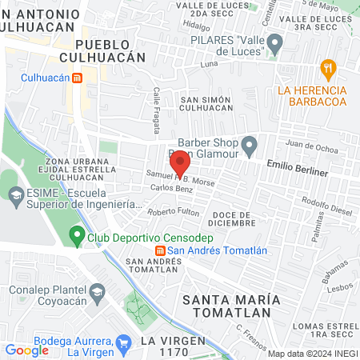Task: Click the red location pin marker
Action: (181, 162)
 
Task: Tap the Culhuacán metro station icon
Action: (78, 78)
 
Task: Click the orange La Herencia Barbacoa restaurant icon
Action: (326, 67)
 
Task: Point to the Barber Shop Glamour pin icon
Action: (250, 146)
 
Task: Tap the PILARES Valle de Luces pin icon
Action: (274, 42)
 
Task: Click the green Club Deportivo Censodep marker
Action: (77, 236)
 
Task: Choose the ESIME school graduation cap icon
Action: (15, 194)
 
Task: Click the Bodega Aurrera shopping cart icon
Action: (123, 344)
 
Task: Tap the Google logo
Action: (26, 350)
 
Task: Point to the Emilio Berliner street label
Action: (297, 172)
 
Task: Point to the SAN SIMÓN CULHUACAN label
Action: (206, 104)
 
